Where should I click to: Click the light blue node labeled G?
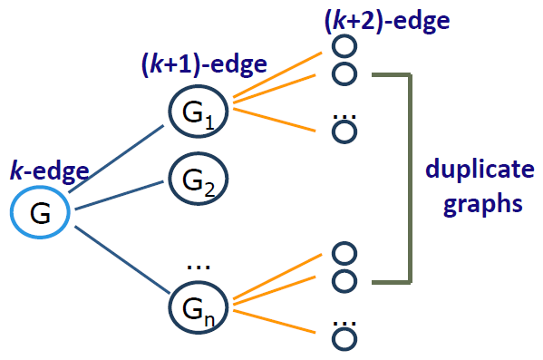[41, 214]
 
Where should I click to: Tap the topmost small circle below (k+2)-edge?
[343, 45]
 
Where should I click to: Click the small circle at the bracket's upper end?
[343, 73]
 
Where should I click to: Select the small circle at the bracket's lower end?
[343, 280]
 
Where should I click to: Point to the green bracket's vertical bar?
[412, 177]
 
